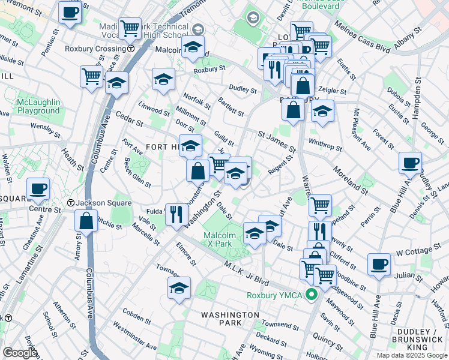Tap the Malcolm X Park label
tap(217, 239)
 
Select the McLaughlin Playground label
tap(38, 107)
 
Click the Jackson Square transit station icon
tap(71, 203)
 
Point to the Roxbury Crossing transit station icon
tap(130, 49)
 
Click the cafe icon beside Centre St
tap(38, 188)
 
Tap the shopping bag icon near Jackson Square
tap(86, 220)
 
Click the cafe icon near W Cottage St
tap(378, 264)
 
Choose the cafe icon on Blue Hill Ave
tap(410, 163)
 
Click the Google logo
tap(19, 353)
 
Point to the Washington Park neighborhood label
tap(230, 319)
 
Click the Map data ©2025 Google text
tap(411, 355)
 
